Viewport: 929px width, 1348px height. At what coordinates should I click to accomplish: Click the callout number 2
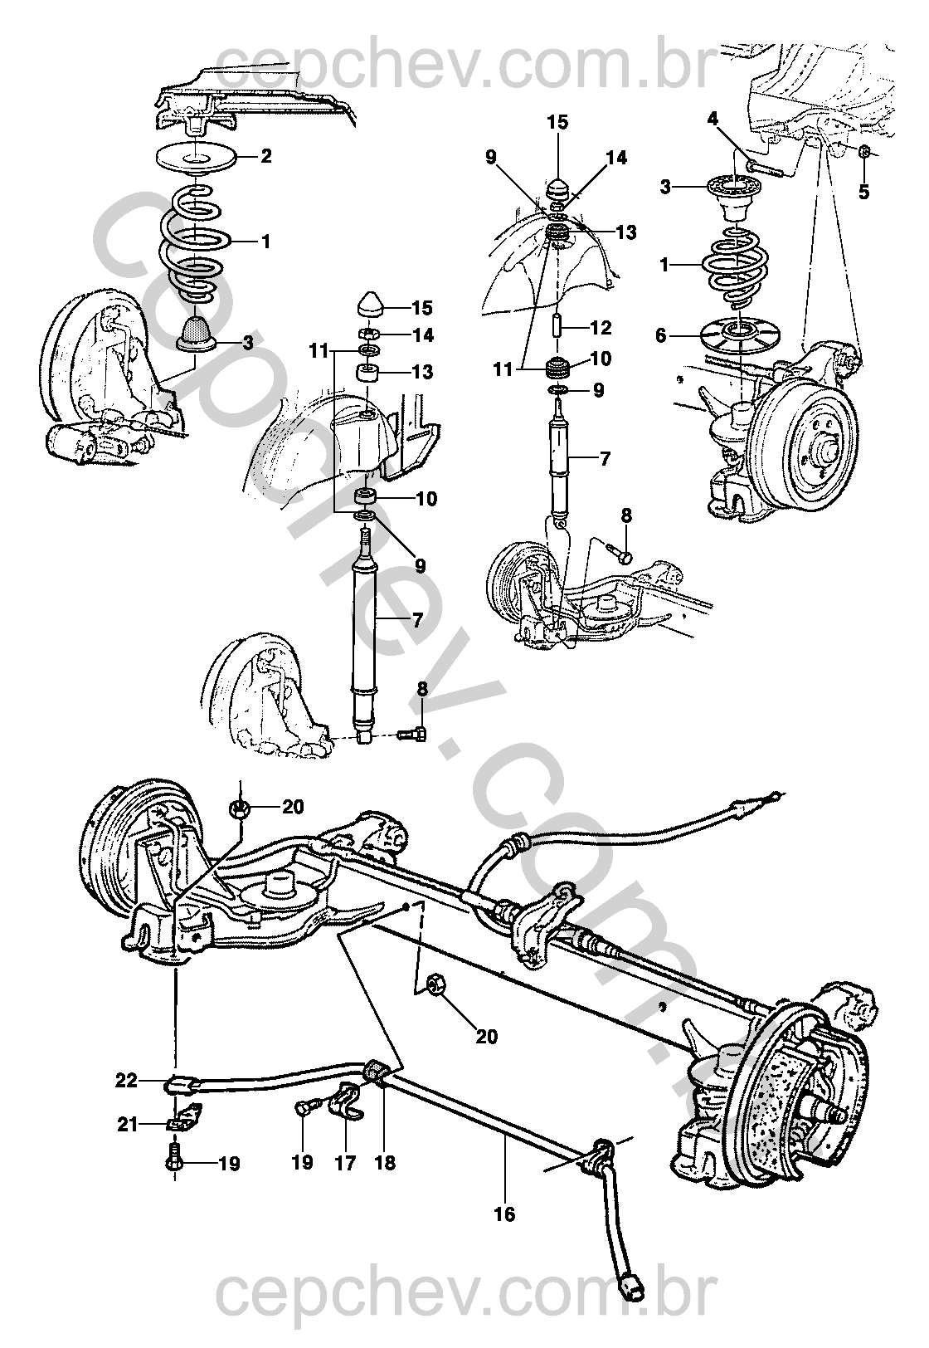click(x=266, y=156)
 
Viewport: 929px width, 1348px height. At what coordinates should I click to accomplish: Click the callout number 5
click(x=863, y=193)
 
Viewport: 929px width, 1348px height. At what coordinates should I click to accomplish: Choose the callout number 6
click(x=661, y=335)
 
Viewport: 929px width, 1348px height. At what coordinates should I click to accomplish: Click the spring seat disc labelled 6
click(x=735, y=335)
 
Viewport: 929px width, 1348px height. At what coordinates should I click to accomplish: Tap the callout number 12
click(x=601, y=328)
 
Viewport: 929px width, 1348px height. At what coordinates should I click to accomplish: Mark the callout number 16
click(x=504, y=1214)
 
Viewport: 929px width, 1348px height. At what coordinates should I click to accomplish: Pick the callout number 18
click(x=385, y=1163)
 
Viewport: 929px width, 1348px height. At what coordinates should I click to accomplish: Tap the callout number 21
click(x=127, y=1124)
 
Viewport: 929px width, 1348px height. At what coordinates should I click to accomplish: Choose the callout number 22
click(x=126, y=1082)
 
